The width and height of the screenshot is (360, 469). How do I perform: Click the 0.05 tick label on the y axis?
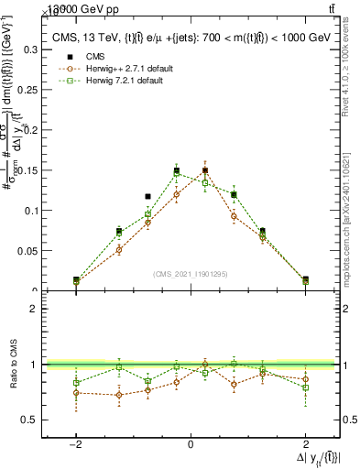coord(27,251)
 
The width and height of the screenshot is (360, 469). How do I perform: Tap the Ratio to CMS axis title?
coord(13,365)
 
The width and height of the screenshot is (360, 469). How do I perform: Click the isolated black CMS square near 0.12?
coord(147,196)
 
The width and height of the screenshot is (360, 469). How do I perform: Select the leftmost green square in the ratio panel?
coord(76,383)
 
